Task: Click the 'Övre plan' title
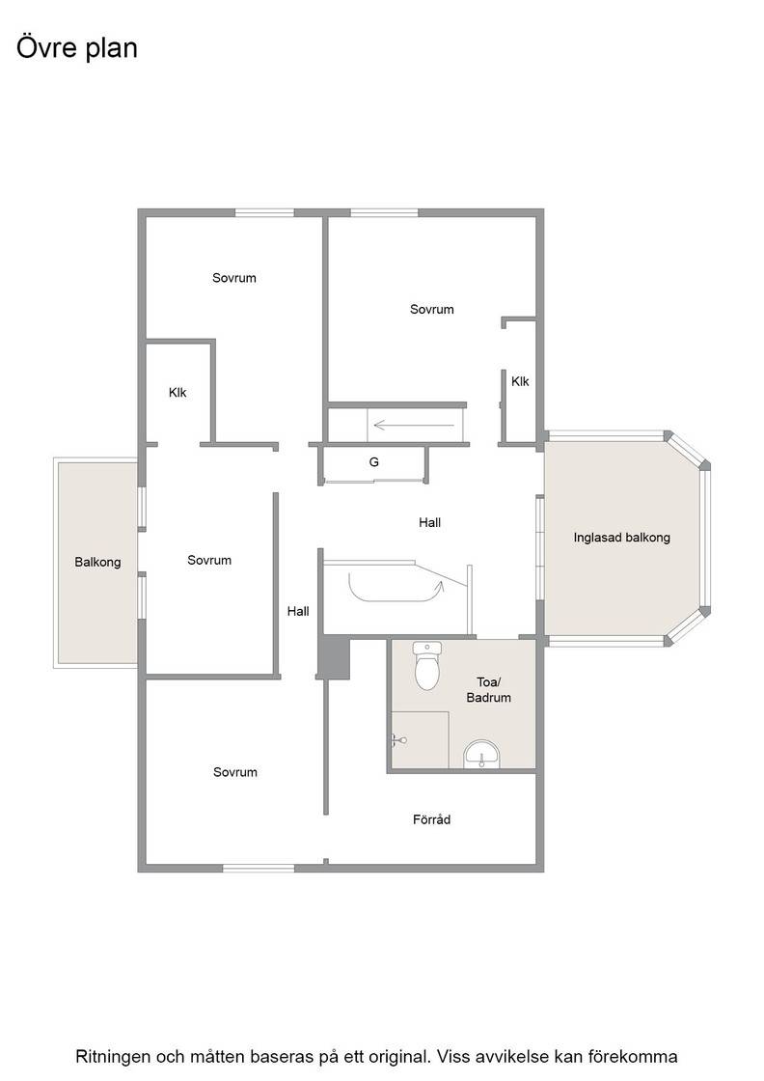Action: point(76,48)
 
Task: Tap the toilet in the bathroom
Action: point(427,665)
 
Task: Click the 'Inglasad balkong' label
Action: point(621,538)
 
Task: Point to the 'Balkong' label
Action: point(97,563)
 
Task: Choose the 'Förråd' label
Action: point(431,819)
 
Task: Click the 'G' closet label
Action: point(374,462)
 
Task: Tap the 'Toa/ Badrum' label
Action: point(488,689)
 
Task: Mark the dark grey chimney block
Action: point(334,657)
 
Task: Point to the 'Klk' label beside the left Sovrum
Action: point(177,392)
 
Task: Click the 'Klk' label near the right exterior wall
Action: point(520,381)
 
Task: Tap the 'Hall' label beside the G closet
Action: point(430,522)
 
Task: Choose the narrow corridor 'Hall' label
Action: point(298,611)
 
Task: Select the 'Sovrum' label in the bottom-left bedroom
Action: point(235,772)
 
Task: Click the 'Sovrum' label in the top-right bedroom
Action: point(432,310)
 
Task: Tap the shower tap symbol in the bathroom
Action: point(398,741)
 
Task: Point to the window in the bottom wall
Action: point(259,868)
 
